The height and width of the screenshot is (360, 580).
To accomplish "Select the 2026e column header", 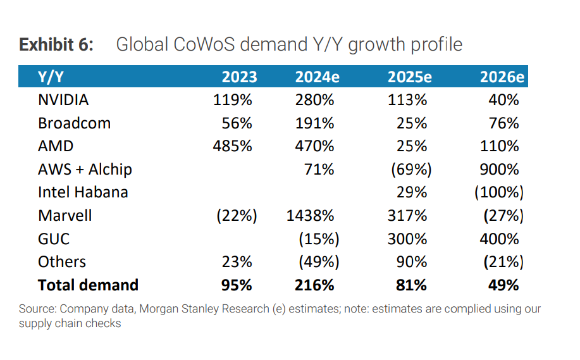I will (502, 77).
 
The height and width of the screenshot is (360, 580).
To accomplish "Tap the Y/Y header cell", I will (51, 77).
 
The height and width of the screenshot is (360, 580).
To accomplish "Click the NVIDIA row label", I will (63, 100).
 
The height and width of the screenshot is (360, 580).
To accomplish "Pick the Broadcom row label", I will (74, 123).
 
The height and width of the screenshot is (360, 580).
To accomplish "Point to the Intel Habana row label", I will (83, 192).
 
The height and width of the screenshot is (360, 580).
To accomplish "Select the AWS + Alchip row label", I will (85, 169).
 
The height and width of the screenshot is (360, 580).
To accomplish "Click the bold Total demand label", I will (88, 285).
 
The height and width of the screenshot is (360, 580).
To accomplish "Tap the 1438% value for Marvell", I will (310, 215).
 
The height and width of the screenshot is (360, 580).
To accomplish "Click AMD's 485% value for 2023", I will (233, 146).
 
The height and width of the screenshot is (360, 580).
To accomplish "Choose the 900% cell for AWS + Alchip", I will (500, 169).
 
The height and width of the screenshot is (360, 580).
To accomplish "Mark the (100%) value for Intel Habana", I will (499, 192).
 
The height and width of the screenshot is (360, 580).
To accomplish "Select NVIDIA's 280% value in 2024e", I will (314, 100).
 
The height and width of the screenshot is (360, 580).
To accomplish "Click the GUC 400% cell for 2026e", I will (500, 239).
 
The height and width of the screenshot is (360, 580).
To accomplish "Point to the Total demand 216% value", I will (314, 285).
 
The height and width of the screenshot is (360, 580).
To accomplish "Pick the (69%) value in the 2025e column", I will (410, 169).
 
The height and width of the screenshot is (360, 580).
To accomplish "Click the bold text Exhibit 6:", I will (56, 45).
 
